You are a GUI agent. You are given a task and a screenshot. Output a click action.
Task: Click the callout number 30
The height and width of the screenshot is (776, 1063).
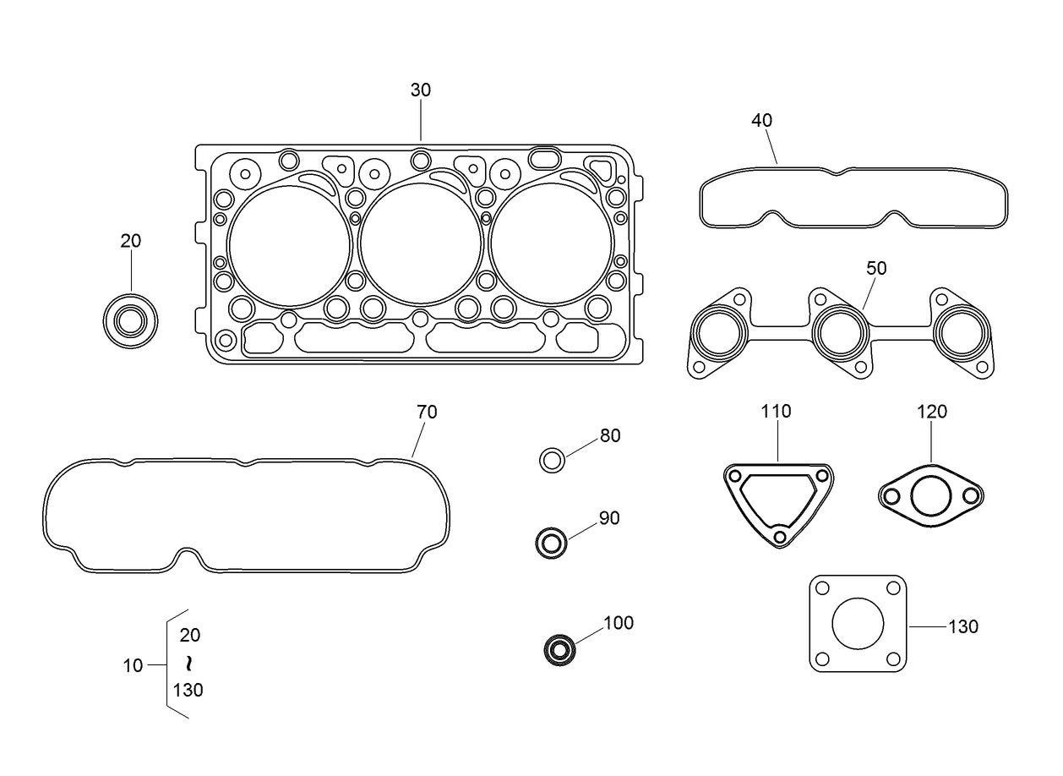pos(420,90)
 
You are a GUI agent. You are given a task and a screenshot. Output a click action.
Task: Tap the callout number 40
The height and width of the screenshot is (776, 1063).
pos(761,120)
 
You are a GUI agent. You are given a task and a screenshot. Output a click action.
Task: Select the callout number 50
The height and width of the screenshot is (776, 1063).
pos(876,268)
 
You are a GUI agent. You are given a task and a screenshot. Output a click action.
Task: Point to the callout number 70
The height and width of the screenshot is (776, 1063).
pos(427,412)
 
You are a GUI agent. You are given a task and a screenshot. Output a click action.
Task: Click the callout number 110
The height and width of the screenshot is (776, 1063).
pos(776,412)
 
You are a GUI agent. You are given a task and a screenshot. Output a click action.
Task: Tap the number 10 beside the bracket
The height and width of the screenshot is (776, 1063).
pos(133,665)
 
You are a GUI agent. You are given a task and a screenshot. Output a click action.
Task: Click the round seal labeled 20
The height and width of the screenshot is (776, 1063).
pos(130,321)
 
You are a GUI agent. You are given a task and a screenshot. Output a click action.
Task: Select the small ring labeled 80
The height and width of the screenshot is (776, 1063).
pos(552,461)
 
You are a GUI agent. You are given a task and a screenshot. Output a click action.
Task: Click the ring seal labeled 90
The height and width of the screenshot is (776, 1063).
pos(551,543)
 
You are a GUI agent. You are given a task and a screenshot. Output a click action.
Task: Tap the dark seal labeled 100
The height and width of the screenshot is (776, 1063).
pos(559,650)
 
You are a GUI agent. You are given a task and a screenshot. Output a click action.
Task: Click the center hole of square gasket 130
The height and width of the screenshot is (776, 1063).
pos(858,624)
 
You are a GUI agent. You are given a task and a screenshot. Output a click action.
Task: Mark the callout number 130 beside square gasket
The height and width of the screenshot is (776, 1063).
pos(962,626)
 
